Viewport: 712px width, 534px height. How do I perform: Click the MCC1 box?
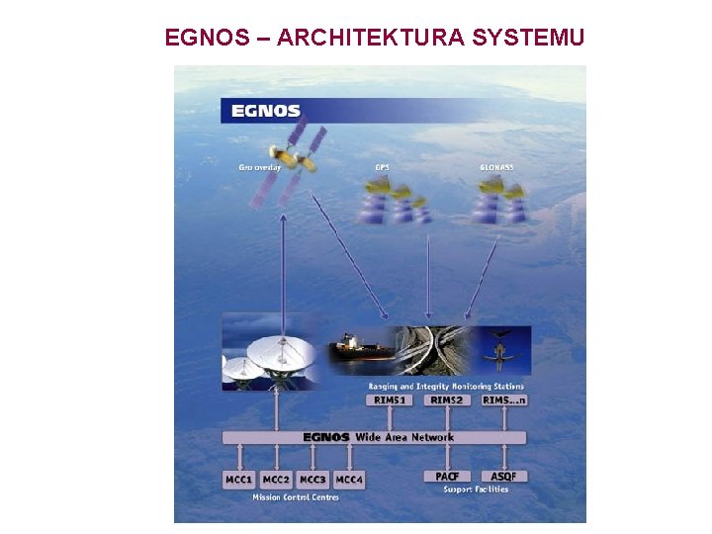239,480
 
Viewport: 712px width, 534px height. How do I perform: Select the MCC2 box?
276,480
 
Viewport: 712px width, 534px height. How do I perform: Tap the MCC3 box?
312,480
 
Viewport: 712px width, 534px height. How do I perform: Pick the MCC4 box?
349,480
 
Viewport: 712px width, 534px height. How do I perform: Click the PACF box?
446,476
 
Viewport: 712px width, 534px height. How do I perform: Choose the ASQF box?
504,476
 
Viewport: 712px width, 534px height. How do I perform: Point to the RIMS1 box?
389,400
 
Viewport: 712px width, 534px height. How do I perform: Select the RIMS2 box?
446,400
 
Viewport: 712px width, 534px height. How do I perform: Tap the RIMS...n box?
504,400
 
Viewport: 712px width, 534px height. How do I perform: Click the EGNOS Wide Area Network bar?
375,437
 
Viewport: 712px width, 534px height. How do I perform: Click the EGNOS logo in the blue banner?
265,111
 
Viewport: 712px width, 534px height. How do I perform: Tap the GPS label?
382,168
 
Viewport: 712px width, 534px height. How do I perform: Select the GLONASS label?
496,168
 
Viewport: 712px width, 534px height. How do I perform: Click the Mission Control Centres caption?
295,497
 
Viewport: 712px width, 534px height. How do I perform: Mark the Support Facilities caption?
476,490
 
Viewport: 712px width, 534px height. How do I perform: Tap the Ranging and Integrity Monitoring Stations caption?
446,387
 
